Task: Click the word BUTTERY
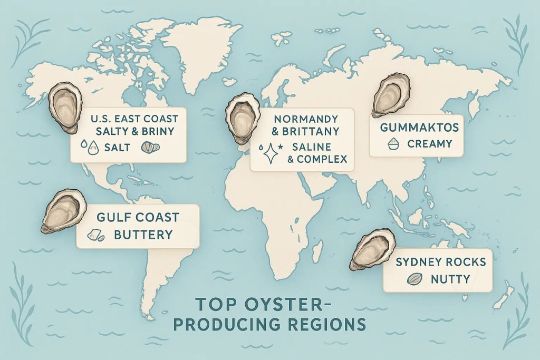click(143, 234)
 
